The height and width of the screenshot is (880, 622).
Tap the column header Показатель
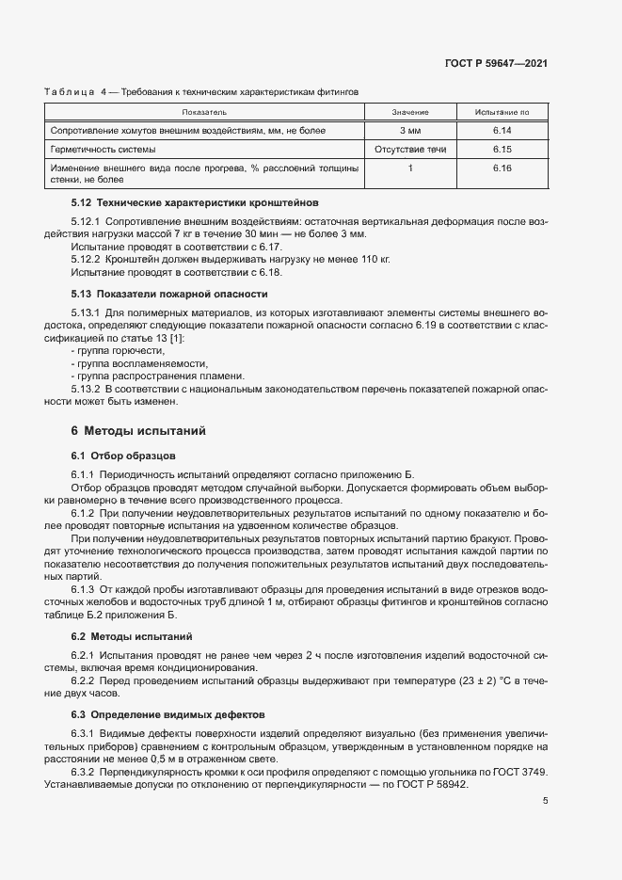tap(205, 112)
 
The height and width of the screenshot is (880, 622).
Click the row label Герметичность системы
tap(104, 149)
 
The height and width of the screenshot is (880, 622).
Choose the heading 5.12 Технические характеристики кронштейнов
tap(195, 202)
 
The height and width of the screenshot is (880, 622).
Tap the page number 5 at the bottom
tap(546, 801)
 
